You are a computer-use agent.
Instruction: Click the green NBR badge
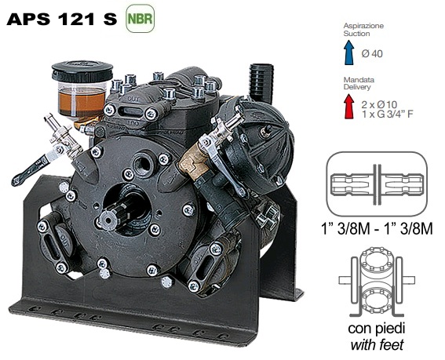[140, 19]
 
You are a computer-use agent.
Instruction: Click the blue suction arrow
[349, 53]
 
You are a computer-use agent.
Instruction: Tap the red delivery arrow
[349, 107]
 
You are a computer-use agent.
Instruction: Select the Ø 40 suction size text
[372, 53]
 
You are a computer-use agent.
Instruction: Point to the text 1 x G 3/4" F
[388, 114]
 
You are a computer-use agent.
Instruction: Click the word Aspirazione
[363, 26]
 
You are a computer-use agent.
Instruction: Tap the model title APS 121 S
[62, 19]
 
